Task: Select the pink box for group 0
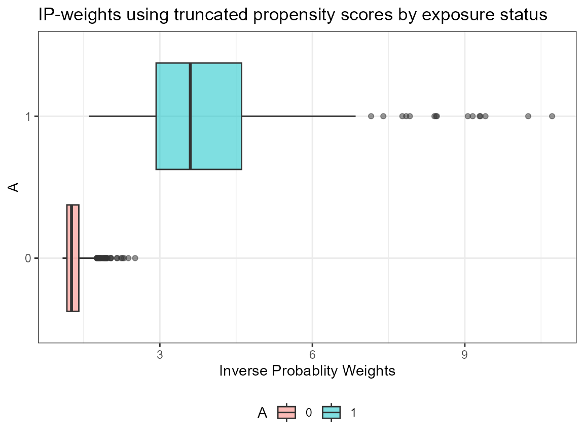[72, 258]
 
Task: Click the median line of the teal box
[190, 116]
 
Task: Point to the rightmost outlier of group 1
[552, 116]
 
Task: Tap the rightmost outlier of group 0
[135, 258]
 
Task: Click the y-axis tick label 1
[28, 116]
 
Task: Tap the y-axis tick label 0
[28, 258]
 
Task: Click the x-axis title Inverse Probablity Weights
[307, 371]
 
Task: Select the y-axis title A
[15, 187]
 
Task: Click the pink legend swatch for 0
[286, 413]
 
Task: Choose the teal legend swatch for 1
[332, 413]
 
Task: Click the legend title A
[263, 413]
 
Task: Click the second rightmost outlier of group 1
[528, 116]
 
